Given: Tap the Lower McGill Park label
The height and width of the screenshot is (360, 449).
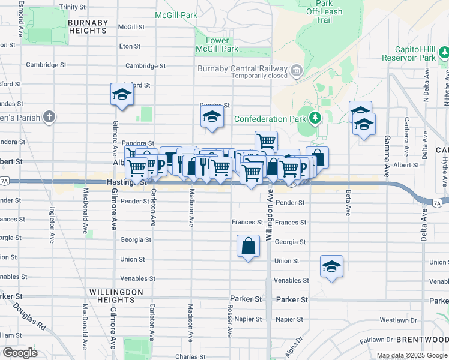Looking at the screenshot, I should pos(213,44).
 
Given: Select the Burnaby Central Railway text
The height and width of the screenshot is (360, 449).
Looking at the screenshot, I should pos(243,68).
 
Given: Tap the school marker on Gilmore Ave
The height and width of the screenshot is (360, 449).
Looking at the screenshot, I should pos(122,95).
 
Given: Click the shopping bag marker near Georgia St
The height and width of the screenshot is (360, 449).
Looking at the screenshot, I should pos(249,246).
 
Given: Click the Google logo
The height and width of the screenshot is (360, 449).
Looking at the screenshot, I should pos(20,352).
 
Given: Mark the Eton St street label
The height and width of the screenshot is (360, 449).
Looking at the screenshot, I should pos(130,46).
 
